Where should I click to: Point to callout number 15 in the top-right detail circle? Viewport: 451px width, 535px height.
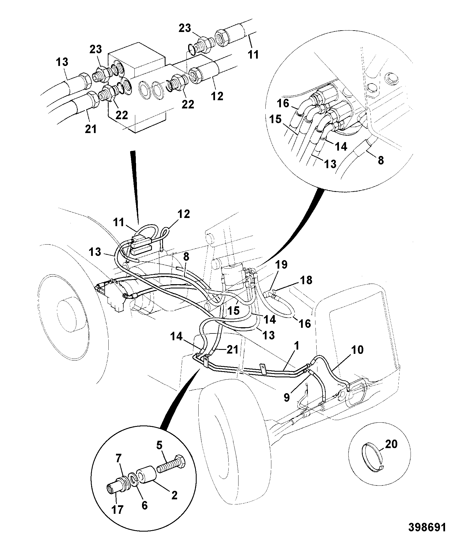(x=275, y=119)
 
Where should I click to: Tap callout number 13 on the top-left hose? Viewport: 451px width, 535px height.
(x=62, y=62)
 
